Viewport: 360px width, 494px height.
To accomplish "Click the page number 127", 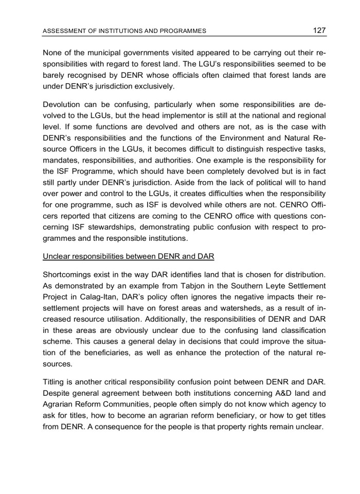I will pyautogui.click(x=319, y=30).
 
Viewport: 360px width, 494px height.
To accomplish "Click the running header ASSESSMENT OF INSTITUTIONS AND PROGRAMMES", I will pyautogui.click(x=124, y=31).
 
